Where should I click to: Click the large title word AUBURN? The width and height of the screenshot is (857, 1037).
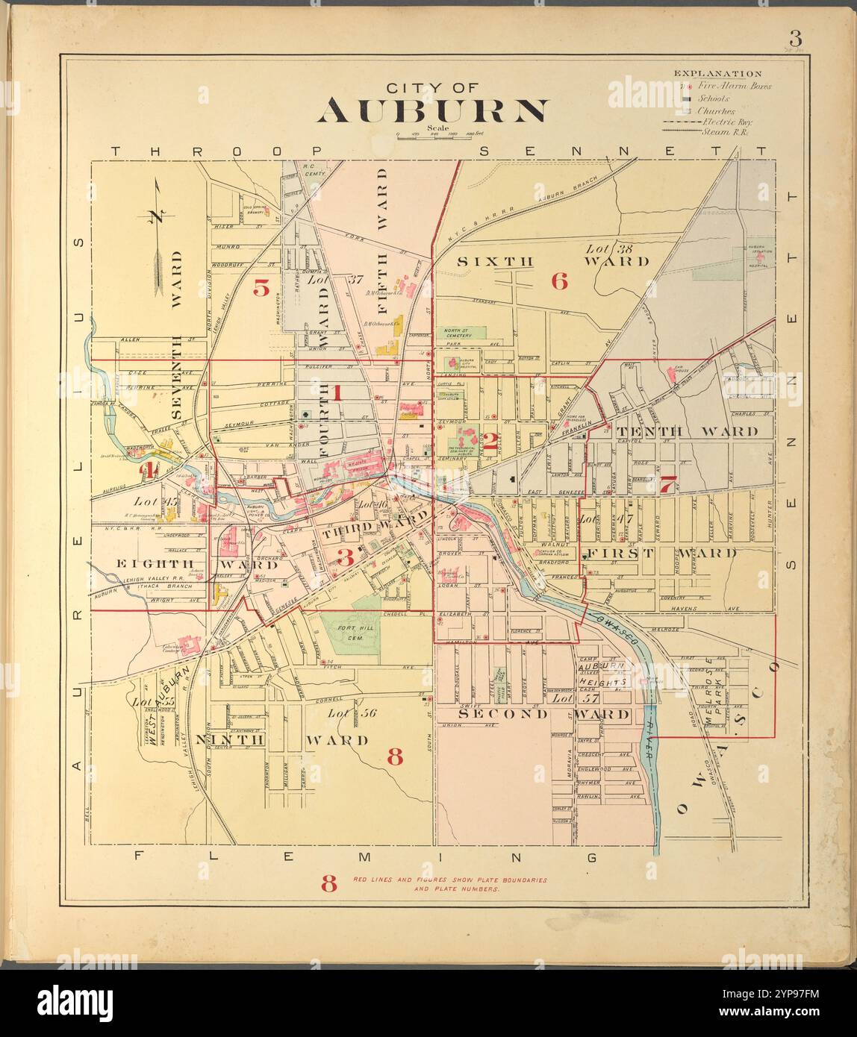point(432,110)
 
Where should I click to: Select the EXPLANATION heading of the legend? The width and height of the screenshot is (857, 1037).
point(717,74)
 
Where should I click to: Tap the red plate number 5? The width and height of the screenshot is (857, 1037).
point(261,287)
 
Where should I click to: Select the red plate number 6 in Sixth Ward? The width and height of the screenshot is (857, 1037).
point(559,281)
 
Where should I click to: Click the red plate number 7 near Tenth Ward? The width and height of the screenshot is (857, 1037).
point(667,483)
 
